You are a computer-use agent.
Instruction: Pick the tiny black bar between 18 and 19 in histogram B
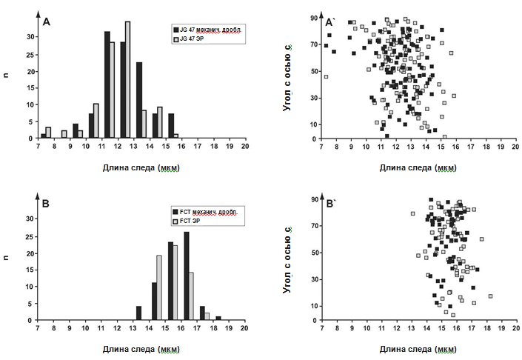click(x=218, y=318)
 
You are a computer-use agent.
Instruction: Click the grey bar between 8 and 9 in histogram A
click(x=64, y=135)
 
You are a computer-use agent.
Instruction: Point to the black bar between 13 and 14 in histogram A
click(x=138, y=100)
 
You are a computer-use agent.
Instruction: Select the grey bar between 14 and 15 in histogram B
click(x=159, y=287)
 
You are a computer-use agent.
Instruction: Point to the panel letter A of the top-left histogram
click(x=47, y=22)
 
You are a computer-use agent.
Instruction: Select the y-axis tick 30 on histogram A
click(x=30, y=36)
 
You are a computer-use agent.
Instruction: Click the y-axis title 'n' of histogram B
click(x=7, y=257)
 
